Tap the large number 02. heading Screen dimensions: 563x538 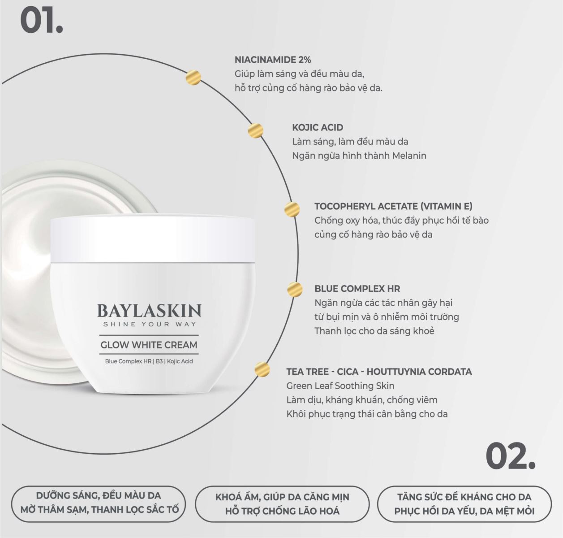(510, 456)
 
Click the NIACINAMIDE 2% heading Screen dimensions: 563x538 (273, 60)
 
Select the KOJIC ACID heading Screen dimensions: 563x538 (318, 127)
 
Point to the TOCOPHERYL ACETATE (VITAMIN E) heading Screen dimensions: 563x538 (393, 206)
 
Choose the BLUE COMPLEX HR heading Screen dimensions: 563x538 (357, 289)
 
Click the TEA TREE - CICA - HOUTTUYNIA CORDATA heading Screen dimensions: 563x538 (379, 372)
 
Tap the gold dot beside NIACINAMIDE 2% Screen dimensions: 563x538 (193, 78)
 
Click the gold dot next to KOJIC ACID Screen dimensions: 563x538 (255, 130)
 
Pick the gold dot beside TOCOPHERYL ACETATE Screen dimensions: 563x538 (292, 209)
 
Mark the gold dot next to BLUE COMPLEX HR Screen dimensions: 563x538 (295, 289)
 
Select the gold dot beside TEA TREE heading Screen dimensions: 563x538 (262, 369)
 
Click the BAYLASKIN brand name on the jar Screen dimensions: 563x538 (149, 311)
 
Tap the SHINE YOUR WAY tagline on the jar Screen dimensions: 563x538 (150, 324)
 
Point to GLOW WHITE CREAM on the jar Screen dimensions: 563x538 (149, 345)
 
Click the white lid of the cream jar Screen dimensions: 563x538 (153, 239)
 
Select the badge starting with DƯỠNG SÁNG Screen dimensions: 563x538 (99, 504)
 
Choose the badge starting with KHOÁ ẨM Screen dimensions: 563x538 (282, 504)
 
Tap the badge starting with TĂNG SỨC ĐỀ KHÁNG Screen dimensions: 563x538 (464, 504)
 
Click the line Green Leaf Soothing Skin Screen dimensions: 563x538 (340, 386)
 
